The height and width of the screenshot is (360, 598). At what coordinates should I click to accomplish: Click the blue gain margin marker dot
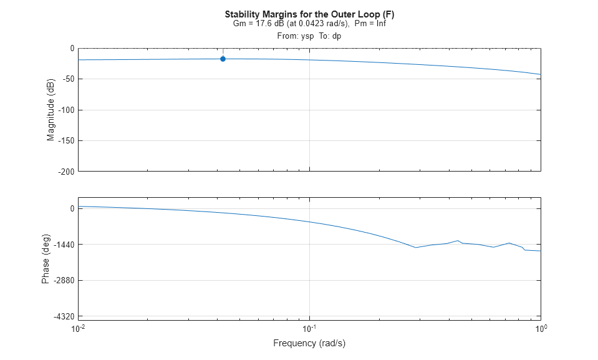tap(223, 59)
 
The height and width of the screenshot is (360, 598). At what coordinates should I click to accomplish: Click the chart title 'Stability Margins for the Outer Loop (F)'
tap(309, 14)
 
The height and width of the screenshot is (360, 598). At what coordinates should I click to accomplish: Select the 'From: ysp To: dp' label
tap(309, 36)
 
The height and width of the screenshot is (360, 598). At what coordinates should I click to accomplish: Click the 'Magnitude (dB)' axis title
tap(51, 110)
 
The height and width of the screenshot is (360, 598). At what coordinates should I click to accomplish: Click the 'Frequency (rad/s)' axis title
tap(309, 343)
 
